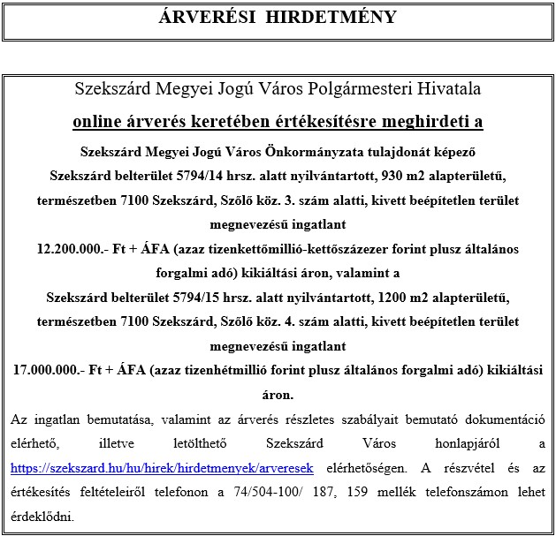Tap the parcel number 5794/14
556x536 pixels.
tap(223, 176)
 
